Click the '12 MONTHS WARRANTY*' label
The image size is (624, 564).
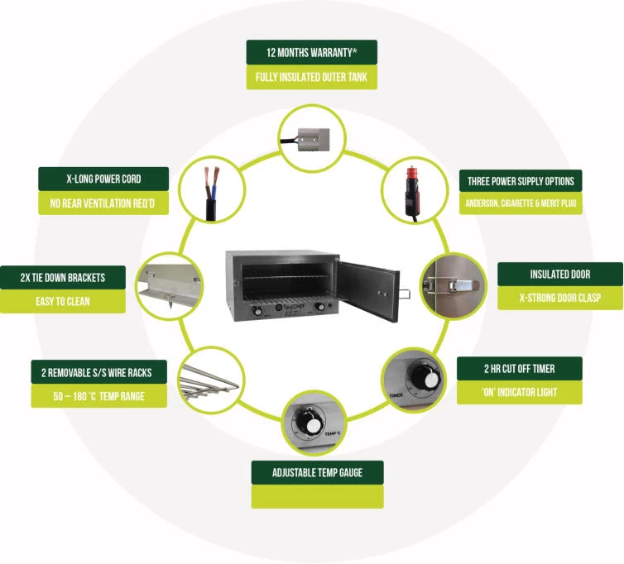point(311,52)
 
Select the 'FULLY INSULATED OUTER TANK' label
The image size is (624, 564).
point(311,78)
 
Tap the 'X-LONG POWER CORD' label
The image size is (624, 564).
point(103,179)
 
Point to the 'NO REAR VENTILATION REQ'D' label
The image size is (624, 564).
point(103,203)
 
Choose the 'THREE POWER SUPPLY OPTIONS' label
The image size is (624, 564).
point(521,181)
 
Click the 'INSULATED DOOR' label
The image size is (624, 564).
point(560,274)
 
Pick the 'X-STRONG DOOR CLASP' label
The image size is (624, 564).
point(560,299)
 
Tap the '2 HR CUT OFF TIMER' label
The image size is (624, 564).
point(519,368)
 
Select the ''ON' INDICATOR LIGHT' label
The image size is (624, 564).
point(519,393)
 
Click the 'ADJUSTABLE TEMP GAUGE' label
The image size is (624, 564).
point(317,473)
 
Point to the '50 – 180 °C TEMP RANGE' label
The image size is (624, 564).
point(98,396)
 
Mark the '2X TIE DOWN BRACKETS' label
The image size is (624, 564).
point(63,277)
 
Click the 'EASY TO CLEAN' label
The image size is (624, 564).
point(63,302)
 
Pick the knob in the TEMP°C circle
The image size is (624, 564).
point(313,423)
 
